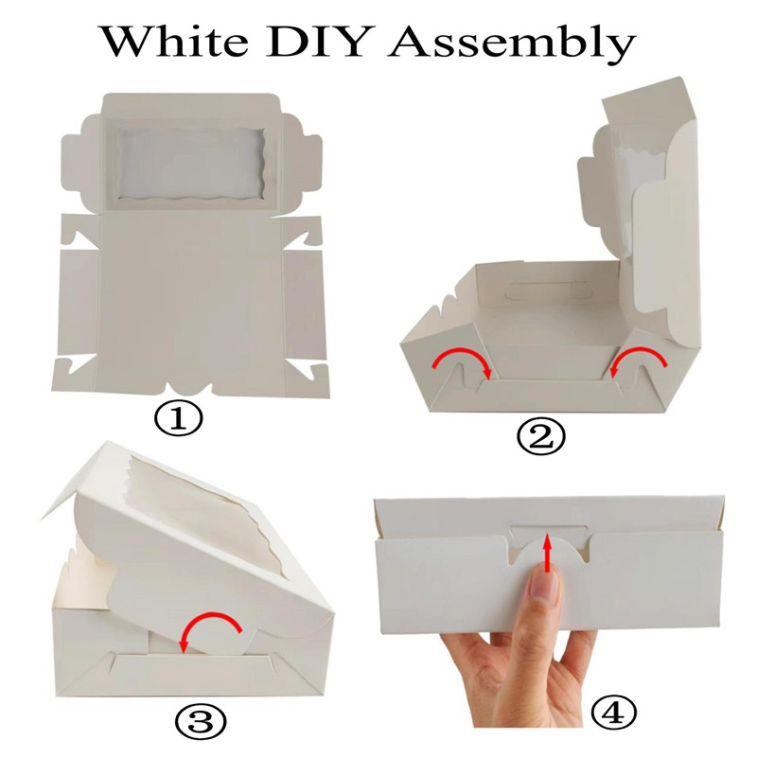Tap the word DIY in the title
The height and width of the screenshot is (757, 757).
(319, 41)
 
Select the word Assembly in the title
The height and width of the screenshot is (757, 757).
(512, 44)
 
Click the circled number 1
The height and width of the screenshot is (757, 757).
(178, 419)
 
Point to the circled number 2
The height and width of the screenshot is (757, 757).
(540, 437)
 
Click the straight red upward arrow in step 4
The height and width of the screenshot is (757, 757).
(546, 552)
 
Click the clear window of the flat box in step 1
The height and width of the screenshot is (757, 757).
(191, 164)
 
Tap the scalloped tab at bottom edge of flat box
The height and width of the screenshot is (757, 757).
(188, 389)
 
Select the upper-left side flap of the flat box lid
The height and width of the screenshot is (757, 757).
(81, 164)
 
